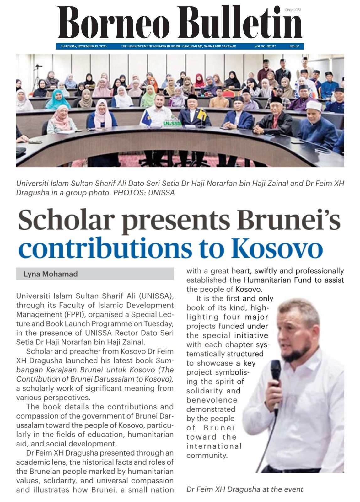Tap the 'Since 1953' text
(293, 10)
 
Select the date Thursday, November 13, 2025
(84, 46)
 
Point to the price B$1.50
(294, 46)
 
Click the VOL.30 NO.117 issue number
(265, 46)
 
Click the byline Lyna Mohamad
(51, 274)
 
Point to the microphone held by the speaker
(276, 370)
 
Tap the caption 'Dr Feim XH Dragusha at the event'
(244, 489)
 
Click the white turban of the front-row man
(313, 106)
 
